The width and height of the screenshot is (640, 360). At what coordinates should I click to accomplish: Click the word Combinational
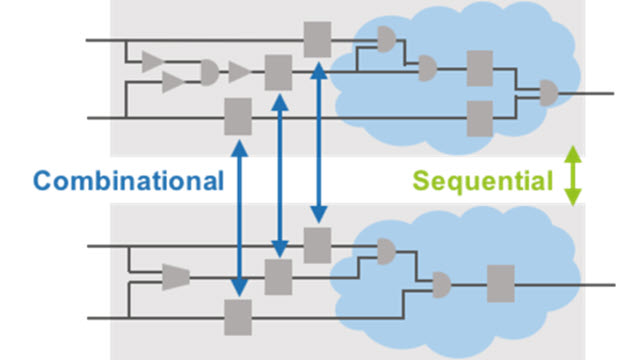point(128,181)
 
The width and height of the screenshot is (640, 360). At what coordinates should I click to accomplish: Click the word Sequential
point(483,181)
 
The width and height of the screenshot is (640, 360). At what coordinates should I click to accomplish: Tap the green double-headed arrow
point(572,177)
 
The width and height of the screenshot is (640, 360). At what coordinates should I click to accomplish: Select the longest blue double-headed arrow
point(239,218)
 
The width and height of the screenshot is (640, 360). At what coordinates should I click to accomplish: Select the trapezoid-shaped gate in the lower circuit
point(175,275)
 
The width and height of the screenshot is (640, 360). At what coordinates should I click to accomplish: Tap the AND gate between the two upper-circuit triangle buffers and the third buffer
point(208,71)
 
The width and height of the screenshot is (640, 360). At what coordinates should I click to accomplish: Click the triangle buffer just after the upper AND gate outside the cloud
point(239,71)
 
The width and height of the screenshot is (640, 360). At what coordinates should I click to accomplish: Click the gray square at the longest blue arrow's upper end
point(238,117)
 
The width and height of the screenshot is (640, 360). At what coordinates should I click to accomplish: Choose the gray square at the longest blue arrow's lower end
point(238,317)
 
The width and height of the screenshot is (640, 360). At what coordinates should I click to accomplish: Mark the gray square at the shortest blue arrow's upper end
point(317,40)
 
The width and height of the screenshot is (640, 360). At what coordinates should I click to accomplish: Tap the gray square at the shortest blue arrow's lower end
point(317,244)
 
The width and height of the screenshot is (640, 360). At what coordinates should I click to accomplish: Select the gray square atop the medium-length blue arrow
point(277,72)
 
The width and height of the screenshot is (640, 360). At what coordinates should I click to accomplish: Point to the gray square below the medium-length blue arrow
point(277,276)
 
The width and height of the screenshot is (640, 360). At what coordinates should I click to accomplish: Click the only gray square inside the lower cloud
point(500,284)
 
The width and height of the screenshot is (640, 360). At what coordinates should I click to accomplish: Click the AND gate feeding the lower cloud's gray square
point(439,286)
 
